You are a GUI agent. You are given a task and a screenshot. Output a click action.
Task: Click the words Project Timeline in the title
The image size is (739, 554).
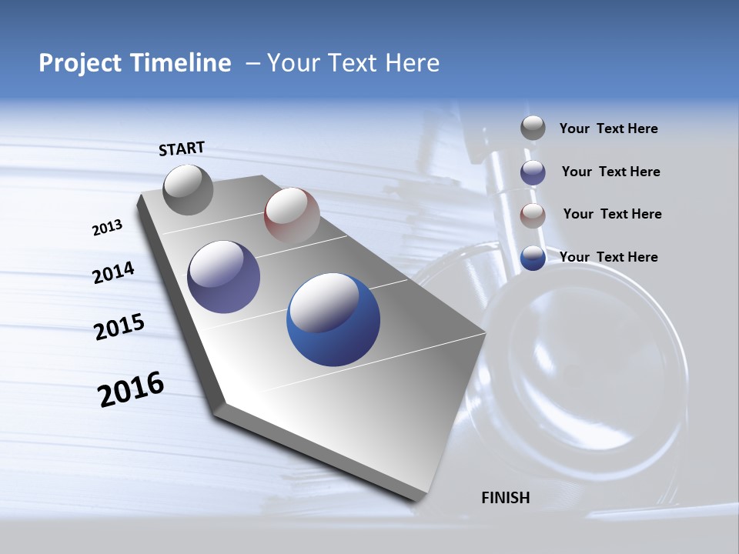pyautogui.click(x=135, y=63)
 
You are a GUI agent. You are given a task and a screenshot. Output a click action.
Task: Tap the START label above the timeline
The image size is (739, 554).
pyautogui.click(x=182, y=149)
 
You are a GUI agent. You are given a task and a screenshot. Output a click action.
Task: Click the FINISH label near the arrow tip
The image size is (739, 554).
pyautogui.click(x=505, y=498)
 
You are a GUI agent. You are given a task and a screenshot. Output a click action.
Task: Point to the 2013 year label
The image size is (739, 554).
pyautogui.click(x=107, y=228)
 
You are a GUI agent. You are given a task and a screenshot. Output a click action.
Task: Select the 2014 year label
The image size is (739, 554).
pyautogui.click(x=113, y=272)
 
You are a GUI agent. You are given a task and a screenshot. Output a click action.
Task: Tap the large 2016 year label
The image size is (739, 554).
pyautogui.click(x=131, y=389)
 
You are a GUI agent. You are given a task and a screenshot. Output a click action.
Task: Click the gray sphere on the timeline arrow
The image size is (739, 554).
pyautogui.click(x=188, y=189)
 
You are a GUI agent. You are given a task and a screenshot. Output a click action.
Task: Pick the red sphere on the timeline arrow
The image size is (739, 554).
pyautogui.click(x=292, y=215)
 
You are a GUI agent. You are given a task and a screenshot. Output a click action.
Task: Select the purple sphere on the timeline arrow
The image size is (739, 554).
pyautogui.click(x=223, y=277)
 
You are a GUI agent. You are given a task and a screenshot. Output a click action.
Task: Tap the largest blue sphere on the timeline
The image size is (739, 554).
pyautogui.click(x=333, y=319)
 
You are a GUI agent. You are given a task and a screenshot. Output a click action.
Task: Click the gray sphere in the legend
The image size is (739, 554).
pyautogui.click(x=533, y=128)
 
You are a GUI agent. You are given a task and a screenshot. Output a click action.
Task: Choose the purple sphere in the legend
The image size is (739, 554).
pyautogui.click(x=533, y=172)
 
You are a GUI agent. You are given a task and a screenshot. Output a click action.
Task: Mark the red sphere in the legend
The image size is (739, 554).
pyautogui.click(x=533, y=215)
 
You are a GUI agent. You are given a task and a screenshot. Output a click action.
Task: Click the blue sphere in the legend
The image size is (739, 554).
pyautogui.click(x=533, y=258)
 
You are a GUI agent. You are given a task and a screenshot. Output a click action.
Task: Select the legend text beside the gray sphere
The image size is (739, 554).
pyautogui.click(x=608, y=129)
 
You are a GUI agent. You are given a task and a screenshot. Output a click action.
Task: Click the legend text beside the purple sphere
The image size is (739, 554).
pyautogui.click(x=610, y=172)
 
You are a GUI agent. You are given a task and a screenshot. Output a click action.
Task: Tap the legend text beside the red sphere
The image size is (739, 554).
pyautogui.click(x=612, y=214)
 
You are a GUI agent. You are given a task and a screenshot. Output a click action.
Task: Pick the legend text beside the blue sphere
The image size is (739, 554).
pyautogui.click(x=608, y=257)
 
